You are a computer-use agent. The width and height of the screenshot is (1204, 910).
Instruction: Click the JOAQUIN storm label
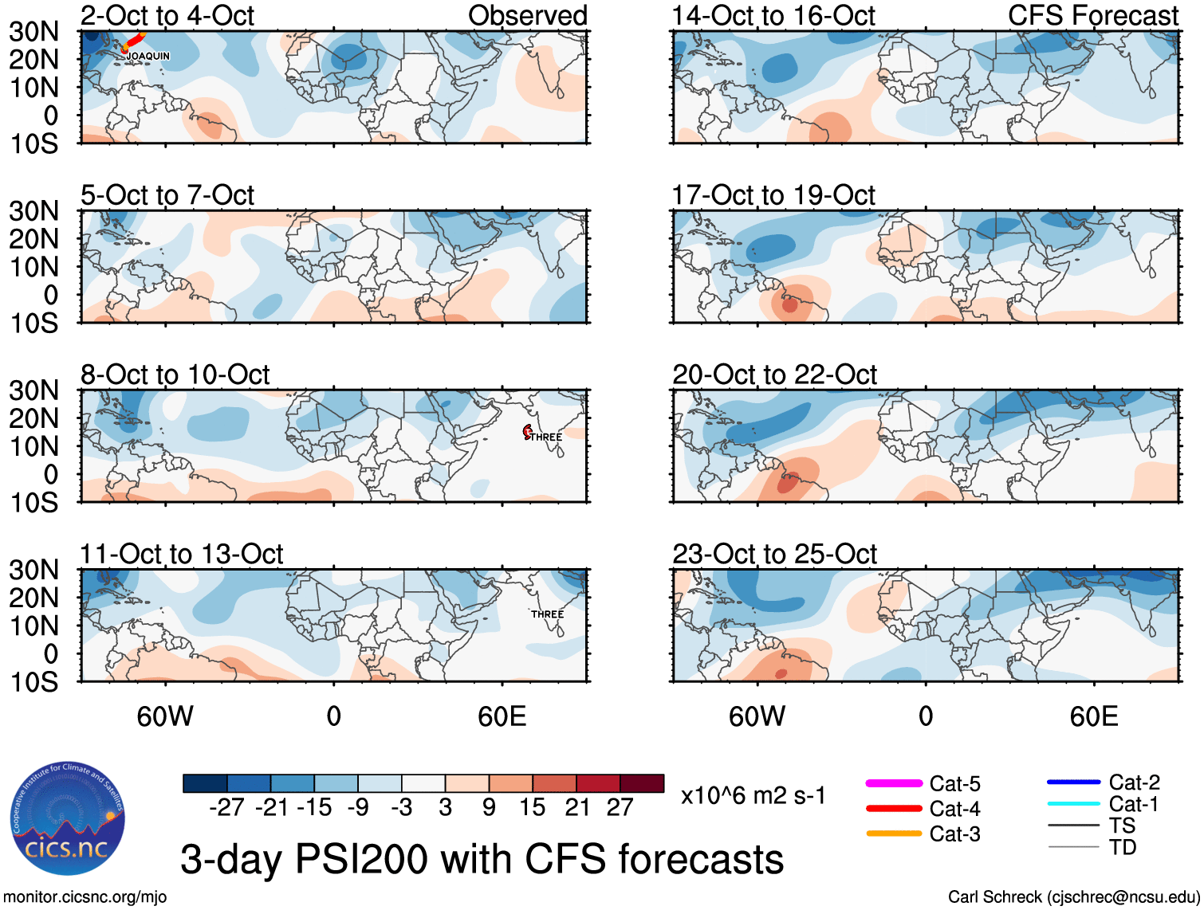tap(148, 56)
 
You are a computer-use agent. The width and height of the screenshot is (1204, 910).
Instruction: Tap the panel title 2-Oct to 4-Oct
tap(167, 15)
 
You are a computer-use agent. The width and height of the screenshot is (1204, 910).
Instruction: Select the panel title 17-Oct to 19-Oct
tap(773, 195)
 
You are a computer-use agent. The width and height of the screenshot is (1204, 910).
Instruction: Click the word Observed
tap(527, 15)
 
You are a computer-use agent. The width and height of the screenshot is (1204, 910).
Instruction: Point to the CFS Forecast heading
tap(1093, 15)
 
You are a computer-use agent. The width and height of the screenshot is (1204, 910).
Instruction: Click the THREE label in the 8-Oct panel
tap(546, 437)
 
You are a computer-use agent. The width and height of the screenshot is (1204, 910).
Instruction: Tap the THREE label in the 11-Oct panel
tap(548, 614)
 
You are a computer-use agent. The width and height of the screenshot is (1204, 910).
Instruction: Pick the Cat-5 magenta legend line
tap(894, 784)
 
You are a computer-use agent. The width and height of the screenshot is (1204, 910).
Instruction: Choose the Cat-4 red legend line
tap(894, 809)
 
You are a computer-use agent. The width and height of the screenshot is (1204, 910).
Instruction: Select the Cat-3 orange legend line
tap(894, 834)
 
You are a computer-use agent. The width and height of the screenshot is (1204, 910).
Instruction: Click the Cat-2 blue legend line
tap(1073, 783)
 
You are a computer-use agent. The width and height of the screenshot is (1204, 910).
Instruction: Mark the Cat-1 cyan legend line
tap(1073, 804)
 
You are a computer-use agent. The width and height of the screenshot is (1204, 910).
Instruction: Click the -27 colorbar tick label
tap(226, 808)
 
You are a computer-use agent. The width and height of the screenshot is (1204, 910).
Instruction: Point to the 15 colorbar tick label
tap(533, 808)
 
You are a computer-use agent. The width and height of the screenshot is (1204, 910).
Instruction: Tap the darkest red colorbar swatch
tap(642, 783)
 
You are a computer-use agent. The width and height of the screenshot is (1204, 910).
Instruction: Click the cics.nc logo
tap(68, 818)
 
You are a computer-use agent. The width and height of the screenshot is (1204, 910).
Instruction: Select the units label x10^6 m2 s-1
tap(753, 796)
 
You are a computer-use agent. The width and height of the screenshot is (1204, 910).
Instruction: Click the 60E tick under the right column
tap(1094, 716)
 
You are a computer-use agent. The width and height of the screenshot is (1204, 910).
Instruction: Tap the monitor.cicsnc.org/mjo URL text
tap(85, 897)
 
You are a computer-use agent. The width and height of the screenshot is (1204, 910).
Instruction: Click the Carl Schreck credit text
tap(1074, 897)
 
